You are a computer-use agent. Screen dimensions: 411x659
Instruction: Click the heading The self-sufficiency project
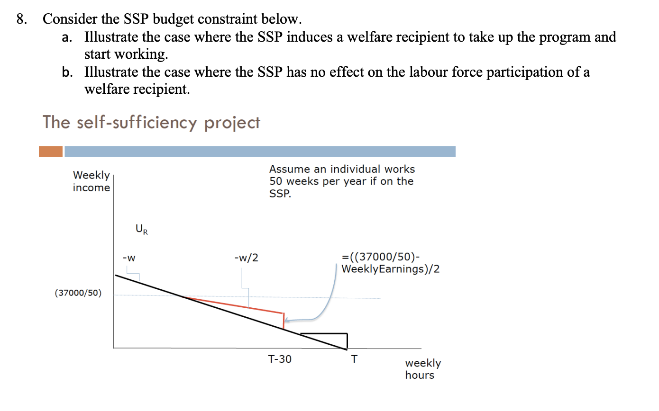(151, 122)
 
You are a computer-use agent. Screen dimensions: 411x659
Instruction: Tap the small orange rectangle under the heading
(51, 152)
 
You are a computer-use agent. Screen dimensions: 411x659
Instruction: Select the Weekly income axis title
(91, 181)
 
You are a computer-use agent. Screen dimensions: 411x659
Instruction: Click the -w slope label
(129, 258)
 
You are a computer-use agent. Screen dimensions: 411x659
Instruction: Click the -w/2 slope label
(246, 258)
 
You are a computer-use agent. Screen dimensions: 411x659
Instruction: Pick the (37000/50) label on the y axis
(78, 293)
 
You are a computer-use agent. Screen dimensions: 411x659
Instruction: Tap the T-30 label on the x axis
(280, 359)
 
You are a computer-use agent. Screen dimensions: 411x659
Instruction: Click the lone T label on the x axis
(353, 359)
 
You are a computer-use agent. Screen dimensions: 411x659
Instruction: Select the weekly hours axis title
(422, 369)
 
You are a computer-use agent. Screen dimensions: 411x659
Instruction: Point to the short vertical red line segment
(283, 321)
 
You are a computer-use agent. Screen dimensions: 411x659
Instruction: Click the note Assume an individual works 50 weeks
(341, 181)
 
